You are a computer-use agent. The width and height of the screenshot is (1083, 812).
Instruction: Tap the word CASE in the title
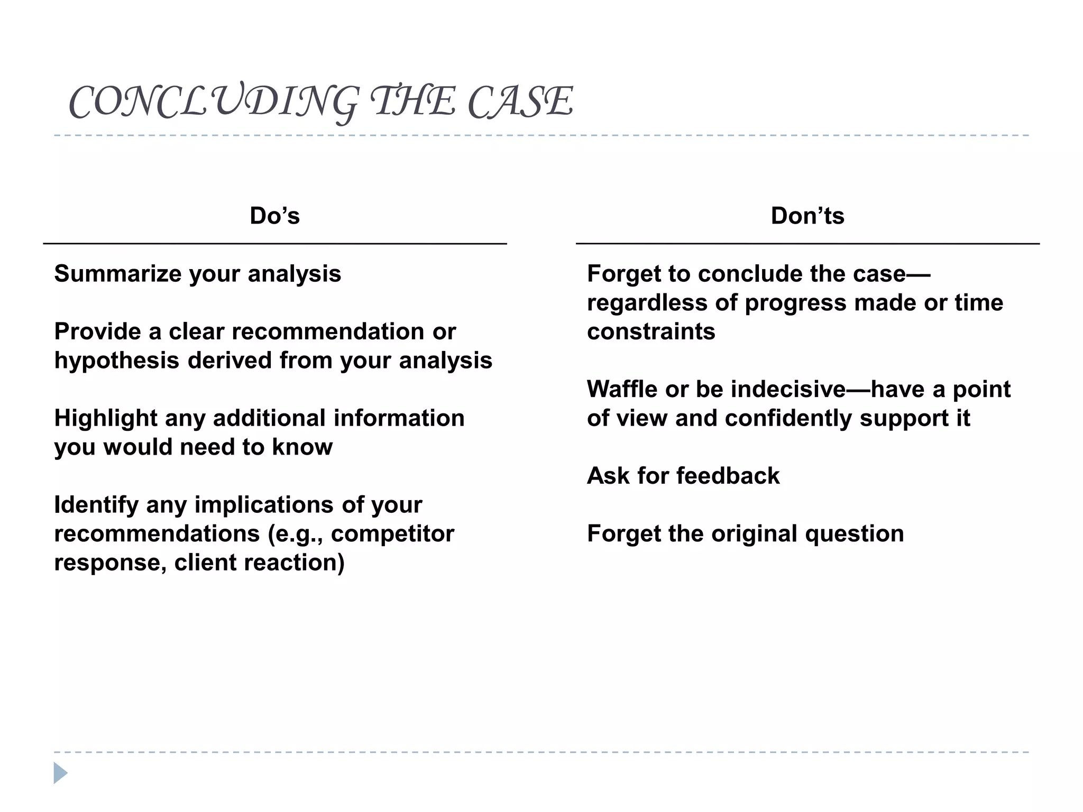pos(520,101)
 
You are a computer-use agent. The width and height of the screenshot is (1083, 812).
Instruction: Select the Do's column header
pos(274,216)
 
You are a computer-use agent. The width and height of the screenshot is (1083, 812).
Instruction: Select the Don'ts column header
pos(807,216)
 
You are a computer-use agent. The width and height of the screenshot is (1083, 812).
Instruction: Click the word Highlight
pos(105,418)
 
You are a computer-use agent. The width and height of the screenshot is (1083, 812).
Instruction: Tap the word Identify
pos(96,505)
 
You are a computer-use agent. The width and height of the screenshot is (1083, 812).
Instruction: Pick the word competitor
pos(392,534)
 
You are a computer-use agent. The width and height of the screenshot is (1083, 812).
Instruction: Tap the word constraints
pos(651,332)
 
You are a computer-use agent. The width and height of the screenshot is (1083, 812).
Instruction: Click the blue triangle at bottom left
pos(60,773)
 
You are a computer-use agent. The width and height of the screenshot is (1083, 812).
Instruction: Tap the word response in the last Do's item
pos(109,563)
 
